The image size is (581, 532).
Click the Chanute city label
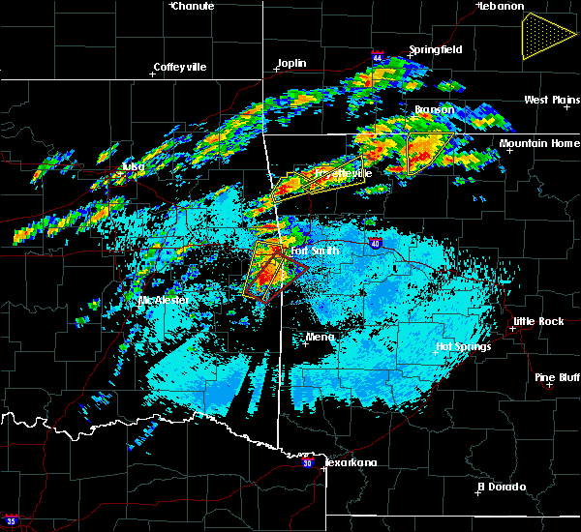193,6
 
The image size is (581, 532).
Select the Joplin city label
291,64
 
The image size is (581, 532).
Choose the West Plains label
551,100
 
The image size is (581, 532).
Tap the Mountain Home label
539,143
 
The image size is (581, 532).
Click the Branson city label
434,109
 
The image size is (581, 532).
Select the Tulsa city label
132,166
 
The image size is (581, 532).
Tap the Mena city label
320,337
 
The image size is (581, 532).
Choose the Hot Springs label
464,345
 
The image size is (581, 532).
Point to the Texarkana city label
350,462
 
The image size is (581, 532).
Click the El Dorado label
504,486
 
